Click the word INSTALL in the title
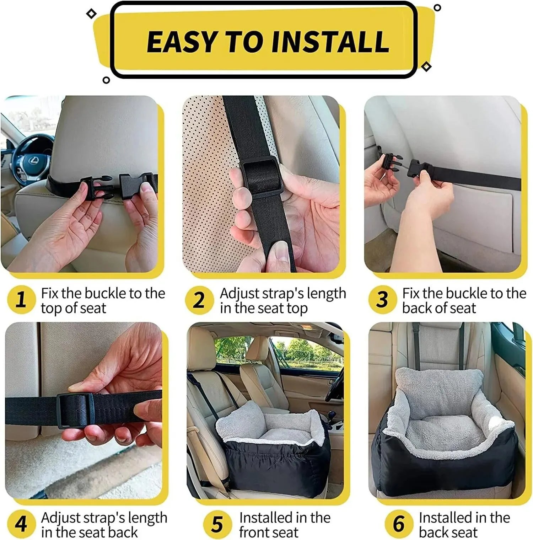[x=330, y=42]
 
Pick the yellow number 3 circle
[x=382, y=300]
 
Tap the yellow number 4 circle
[x=21, y=524]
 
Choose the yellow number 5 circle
[x=217, y=524]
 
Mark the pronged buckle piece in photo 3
[x=391, y=164]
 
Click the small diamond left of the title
[x=92, y=14]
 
